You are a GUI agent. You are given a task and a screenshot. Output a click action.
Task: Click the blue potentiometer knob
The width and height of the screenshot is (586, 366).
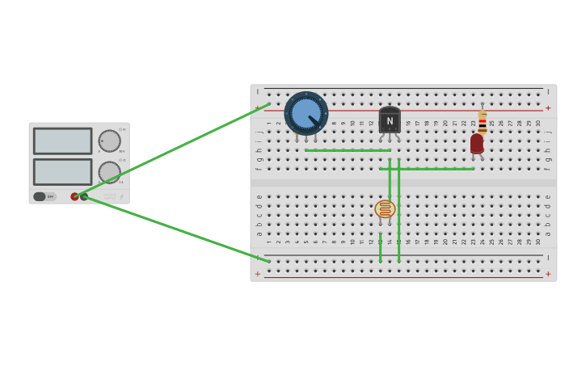pos(306,113)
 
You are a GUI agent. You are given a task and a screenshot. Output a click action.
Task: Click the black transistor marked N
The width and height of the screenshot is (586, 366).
pos(390,121)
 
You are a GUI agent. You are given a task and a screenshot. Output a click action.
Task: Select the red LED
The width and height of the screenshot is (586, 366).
pos(477,144)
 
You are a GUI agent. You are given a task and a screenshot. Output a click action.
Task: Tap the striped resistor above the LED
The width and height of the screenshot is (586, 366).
pos(483,121)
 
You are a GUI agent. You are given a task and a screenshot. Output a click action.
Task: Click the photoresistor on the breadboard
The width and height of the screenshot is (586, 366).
pos(385,209)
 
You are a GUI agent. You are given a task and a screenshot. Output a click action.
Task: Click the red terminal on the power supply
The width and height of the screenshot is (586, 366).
pos(74,196)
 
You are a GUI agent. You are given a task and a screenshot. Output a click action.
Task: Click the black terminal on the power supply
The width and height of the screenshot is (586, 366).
pos(84,196)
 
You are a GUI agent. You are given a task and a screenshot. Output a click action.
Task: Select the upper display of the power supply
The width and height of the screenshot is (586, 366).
pos(62,141)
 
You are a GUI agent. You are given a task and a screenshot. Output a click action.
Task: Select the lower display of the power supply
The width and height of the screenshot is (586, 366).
pos(62,171)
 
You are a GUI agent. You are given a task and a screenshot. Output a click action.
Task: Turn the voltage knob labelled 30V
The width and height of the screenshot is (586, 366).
pos(109,141)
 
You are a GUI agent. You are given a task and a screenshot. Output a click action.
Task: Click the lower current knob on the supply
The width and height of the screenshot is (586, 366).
pos(109,172)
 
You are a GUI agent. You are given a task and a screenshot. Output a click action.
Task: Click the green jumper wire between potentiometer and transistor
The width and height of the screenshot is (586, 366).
pos(348,150)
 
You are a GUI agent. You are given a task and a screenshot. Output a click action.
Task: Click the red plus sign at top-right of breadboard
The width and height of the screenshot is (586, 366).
pos(548,108)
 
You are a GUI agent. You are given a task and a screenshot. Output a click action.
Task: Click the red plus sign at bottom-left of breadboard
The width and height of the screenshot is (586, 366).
pos(258,274)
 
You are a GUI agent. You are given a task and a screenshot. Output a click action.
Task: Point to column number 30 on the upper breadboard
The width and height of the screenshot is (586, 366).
pos(538,124)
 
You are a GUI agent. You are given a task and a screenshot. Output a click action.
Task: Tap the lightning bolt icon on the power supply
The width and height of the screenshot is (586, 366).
pos(122,196)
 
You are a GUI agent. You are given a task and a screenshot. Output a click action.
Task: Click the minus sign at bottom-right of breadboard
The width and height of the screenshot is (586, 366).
pos(548,259)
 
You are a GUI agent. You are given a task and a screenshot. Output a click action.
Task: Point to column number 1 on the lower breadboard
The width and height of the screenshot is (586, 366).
pos(270,242)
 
